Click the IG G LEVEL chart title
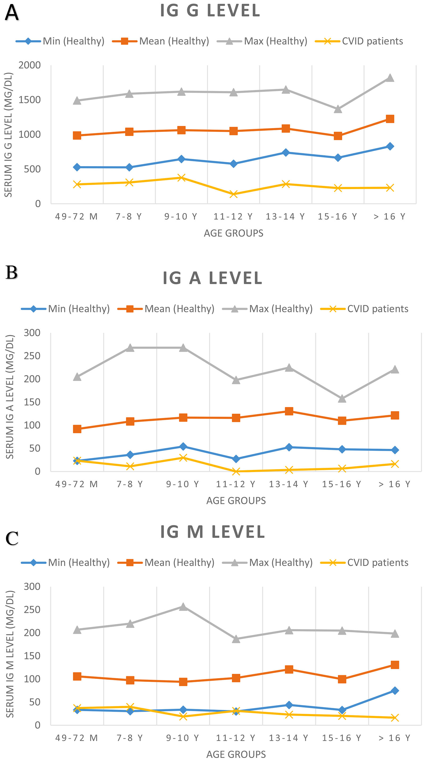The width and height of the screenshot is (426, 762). coord(210,11)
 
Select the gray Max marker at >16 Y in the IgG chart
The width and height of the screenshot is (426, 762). coord(390,78)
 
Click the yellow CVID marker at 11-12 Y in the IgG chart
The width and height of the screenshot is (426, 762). coord(234,194)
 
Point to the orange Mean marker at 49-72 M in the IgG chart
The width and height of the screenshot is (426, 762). coord(77,136)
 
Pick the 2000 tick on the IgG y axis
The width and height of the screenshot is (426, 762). coord(30,65)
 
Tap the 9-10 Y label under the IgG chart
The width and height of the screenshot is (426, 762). coord(181,216)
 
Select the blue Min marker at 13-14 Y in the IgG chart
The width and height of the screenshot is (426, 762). coord(285,152)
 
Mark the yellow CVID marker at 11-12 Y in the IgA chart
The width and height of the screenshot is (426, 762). coord(236,471)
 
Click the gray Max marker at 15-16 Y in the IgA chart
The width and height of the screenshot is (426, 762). coord(342,399)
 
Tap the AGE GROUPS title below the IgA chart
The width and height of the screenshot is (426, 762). coord(236,501)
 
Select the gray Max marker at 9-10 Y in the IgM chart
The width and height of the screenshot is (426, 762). coord(183,607)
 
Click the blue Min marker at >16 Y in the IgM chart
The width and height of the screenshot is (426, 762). coord(395,691)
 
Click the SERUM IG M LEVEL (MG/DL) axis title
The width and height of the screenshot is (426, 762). coord(10,654)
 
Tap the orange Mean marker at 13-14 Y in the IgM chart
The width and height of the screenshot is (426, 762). coord(289,669)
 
